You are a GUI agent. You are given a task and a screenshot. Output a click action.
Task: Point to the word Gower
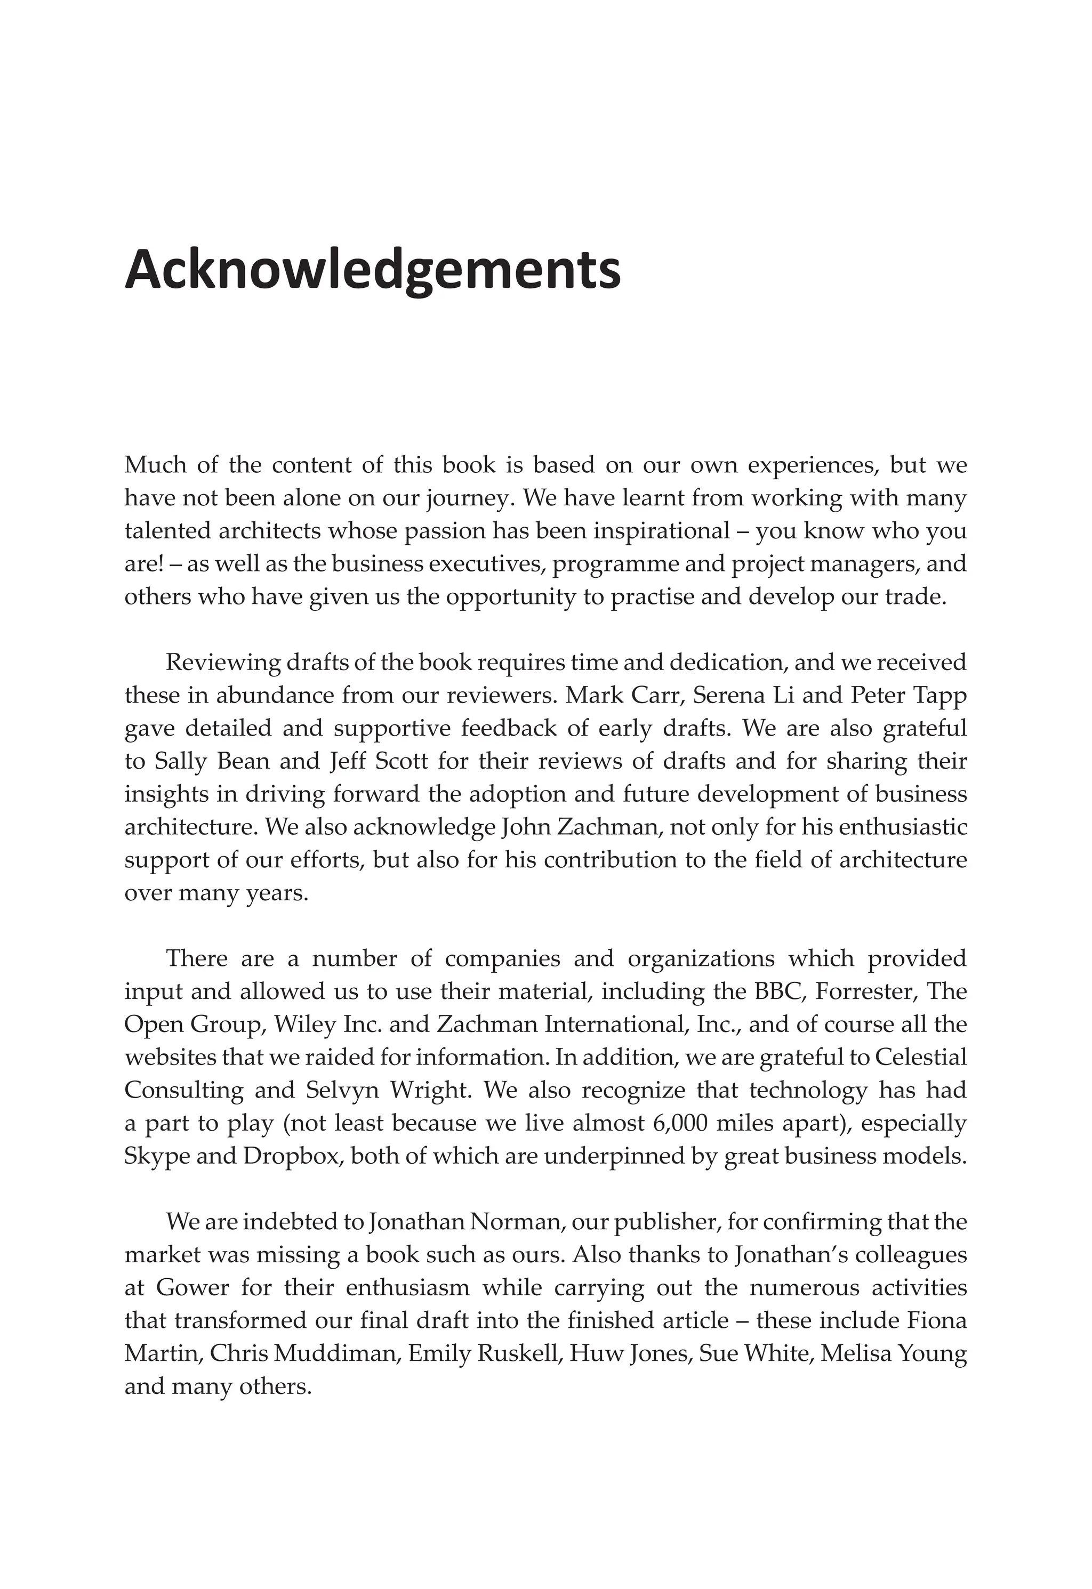[192, 1287]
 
